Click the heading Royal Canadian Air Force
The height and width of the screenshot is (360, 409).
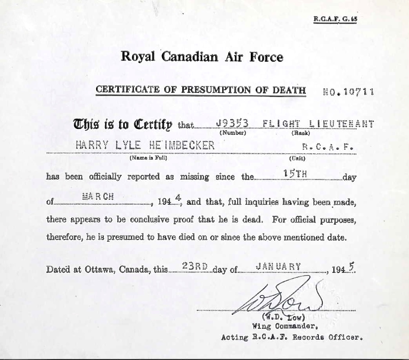point(202,57)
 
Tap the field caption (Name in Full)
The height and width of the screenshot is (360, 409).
point(148,158)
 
